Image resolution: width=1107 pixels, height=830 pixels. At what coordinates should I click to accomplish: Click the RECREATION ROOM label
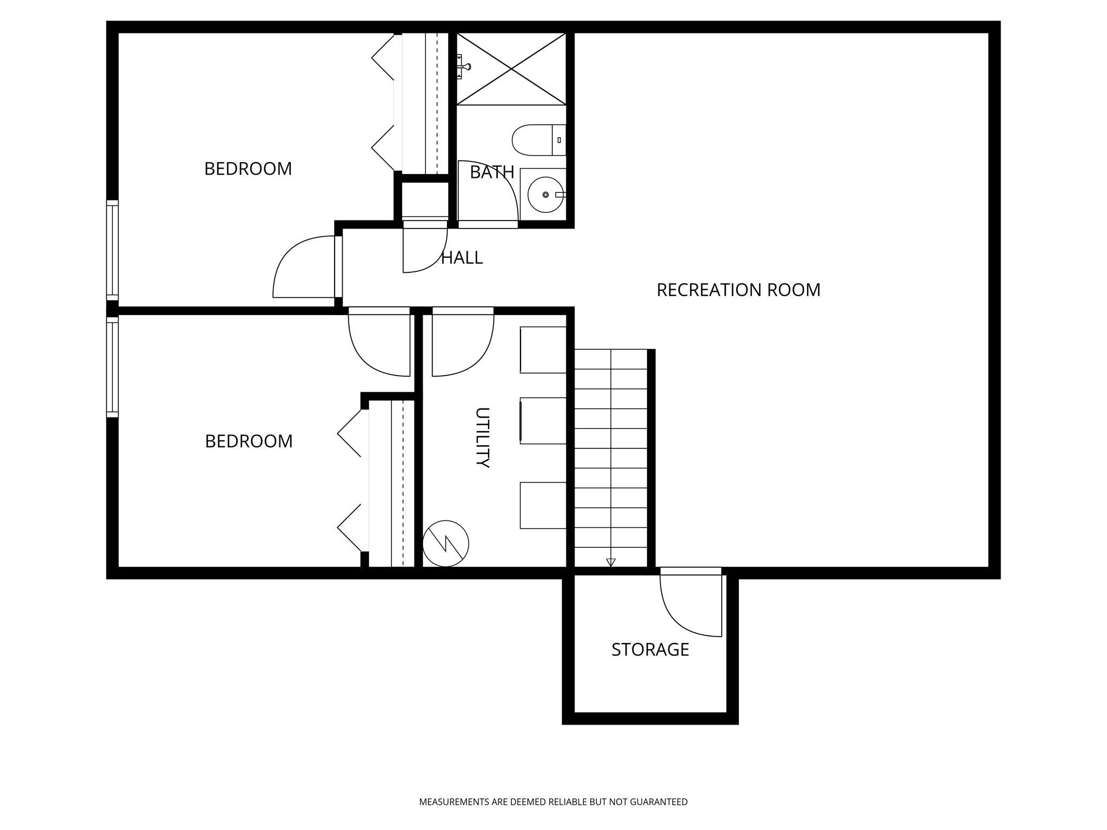(x=738, y=290)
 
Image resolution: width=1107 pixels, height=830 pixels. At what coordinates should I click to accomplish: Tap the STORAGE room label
(x=650, y=650)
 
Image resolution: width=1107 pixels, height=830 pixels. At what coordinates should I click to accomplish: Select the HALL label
(x=462, y=258)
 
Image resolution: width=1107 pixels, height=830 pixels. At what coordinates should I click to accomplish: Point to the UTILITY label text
(x=482, y=437)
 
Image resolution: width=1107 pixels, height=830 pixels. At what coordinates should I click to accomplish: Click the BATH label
(x=492, y=172)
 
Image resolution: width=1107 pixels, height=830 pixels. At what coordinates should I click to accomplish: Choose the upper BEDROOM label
(x=248, y=169)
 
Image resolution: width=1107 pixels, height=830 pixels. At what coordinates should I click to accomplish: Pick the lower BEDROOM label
(x=249, y=441)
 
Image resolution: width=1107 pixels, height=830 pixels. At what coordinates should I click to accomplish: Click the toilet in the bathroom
(x=538, y=140)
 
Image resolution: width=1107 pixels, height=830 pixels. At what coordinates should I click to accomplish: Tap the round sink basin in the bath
(x=545, y=195)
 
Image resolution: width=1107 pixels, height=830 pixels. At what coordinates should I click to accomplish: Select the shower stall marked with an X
(x=511, y=69)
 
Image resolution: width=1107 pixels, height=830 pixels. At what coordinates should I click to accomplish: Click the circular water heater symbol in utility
(x=445, y=544)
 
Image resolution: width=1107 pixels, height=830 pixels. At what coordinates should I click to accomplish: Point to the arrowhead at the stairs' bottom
(x=611, y=563)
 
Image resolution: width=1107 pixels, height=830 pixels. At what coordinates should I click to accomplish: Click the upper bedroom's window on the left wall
(x=112, y=250)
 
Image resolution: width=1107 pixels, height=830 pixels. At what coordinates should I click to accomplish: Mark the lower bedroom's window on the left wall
(x=112, y=367)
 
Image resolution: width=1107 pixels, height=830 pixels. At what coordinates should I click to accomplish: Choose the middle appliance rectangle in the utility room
(x=543, y=421)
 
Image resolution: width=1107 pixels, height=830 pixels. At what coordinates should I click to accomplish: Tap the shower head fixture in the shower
(x=463, y=66)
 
